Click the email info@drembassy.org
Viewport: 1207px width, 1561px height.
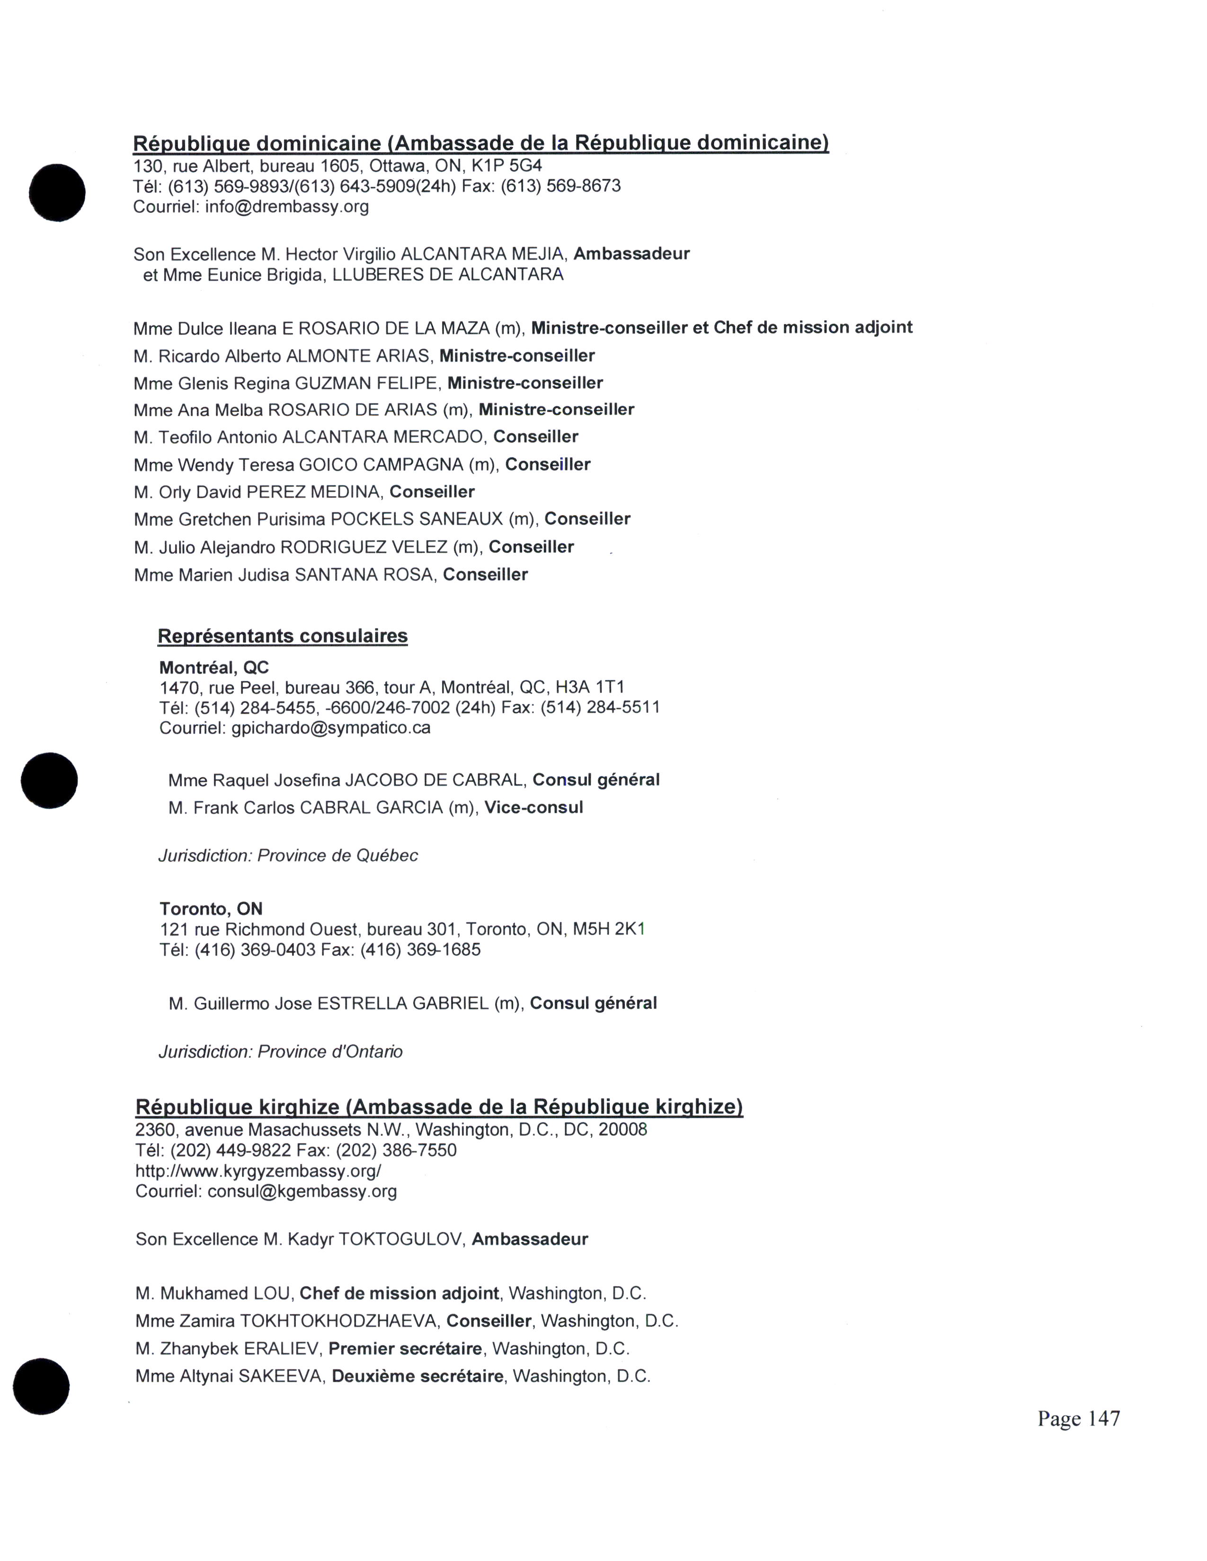coord(287,207)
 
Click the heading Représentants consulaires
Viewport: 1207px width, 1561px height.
coord(283,636)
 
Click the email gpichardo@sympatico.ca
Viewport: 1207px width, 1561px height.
coord(331,728)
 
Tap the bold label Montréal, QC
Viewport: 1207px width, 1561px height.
coord(214,667)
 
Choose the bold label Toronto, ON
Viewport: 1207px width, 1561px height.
coord(211,909)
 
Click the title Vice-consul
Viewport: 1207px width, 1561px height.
coord(533,807)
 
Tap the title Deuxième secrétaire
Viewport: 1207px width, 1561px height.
coord(417,1377)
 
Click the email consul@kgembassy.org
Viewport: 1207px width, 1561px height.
coord(302,1192)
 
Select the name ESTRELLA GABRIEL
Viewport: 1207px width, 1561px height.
coord(403,1003)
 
